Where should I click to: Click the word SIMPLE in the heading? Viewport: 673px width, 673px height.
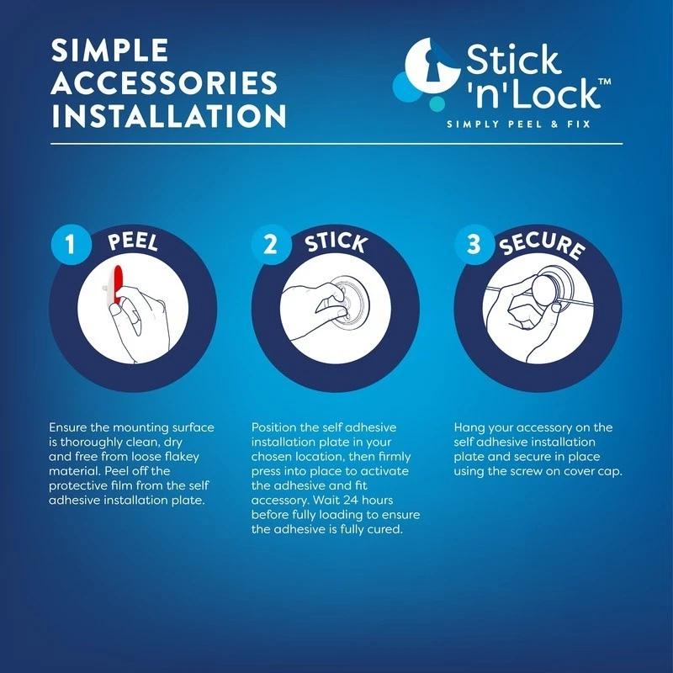pos(109,50)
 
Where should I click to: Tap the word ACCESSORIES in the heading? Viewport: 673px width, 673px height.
pos(164,82)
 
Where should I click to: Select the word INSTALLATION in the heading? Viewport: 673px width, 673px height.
pos(169,115)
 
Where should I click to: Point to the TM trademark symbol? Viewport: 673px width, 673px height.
pos(604,82)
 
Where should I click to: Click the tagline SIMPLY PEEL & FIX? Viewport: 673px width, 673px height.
pos(518,125)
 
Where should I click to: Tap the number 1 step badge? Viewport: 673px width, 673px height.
pos(71,245)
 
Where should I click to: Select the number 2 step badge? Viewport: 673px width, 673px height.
pos(271,245)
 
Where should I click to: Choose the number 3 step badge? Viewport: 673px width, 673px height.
pos(474,245)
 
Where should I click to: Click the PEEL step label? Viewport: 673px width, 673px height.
pos(133,241)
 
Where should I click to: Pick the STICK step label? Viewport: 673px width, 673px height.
pos(336,243)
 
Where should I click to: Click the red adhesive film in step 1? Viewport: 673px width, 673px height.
pos(118,287)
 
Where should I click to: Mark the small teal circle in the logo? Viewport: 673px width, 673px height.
pos(437,103)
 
